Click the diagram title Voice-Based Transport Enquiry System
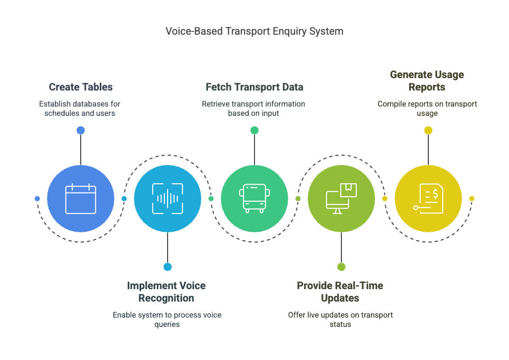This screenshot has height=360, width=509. [x=254, y=31]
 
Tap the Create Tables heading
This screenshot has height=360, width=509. [x=81, y=87]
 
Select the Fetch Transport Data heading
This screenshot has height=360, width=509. [x=255, y=87]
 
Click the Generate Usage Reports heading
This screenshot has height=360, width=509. [x=427, y=81]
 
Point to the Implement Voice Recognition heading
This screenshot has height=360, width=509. [x=166, y=292]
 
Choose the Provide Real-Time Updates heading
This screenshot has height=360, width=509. [x=340, y=292]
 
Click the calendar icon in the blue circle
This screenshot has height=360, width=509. [x=81, y=199]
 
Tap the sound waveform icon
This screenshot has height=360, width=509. [x=168, y=199]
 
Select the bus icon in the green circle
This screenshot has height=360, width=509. [x=255, y=199]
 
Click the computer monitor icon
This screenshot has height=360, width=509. [x=341, y=199]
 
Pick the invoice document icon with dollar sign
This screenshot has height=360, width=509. [x=428, y=199]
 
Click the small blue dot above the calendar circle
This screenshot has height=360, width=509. [x=81, y=130]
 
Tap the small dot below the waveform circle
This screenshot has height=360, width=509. [x=168, y=267]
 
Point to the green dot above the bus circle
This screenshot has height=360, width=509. [x=255, y=130]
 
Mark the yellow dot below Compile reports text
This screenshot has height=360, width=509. [x=428, y=130]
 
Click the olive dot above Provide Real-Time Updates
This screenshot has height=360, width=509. [x=341, y=267]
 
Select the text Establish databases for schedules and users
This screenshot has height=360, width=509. [x=80, y=109]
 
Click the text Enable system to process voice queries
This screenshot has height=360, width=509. [x=167, y=320]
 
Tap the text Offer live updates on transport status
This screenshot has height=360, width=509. [x=340, y=320]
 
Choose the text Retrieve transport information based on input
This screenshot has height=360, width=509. [x=253, y=109]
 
